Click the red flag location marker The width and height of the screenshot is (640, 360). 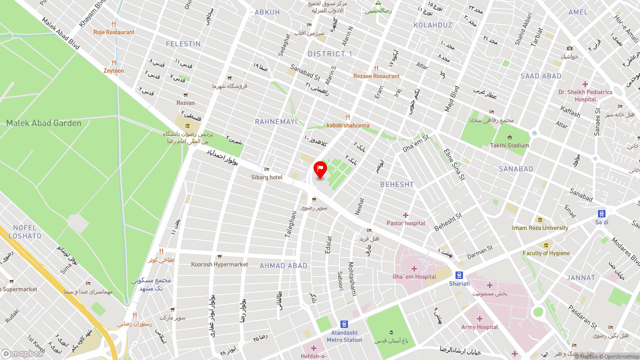[320, 169]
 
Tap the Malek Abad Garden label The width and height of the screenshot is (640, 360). [43, 123]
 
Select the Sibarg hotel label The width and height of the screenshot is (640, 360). [267, 177]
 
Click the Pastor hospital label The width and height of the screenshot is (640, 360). [406, 223]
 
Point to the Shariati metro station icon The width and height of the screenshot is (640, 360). [459, 275]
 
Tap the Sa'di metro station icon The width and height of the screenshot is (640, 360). [601, 213]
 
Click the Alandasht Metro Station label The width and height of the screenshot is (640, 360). [344, 336]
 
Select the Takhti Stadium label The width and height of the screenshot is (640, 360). [509, 145]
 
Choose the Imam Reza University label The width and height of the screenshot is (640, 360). [540, 228]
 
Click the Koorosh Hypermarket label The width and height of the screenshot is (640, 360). [219, 264]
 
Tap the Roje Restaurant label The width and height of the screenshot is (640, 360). [114, 32]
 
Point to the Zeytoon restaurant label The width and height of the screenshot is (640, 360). [113, 70]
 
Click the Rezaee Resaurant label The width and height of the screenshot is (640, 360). [376, 76]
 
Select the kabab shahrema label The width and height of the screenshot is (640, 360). [348, 125]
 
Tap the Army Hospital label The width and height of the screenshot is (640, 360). [479, 327]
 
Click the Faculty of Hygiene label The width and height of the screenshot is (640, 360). [546, 253]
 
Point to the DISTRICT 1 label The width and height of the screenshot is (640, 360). [330, 54]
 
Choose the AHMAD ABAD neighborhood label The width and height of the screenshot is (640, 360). [283, 265]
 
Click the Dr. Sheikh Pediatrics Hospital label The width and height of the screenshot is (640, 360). [585, 95]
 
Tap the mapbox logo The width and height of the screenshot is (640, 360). [22, 353]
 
